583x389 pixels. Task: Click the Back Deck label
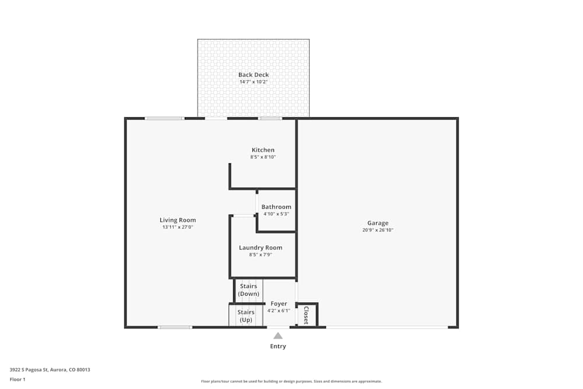(254, 75)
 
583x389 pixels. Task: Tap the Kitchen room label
(263, 150)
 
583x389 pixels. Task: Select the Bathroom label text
(276, 207)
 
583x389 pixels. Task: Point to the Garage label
(378, 223)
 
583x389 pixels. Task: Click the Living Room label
(178, 220)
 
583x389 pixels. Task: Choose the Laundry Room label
(261, 248)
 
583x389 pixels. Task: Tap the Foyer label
(279, 304)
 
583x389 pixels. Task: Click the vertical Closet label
(306, 315)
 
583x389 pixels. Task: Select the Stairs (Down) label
(249, 290)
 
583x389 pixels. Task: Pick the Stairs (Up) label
(246, 316)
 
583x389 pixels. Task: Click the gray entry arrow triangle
(278, 335)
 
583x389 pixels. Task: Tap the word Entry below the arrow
(278, 346)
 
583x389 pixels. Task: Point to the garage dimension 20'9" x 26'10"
(378, 230)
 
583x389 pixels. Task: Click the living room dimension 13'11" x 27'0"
(178, 227)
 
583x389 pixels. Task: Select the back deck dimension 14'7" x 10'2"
(254, 82)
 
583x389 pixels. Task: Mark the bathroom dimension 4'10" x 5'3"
(276, 214)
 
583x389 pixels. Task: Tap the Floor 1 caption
(17, 379)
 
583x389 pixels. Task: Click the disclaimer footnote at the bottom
(291, 381)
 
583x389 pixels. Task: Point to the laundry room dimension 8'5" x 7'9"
(261, 255)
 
